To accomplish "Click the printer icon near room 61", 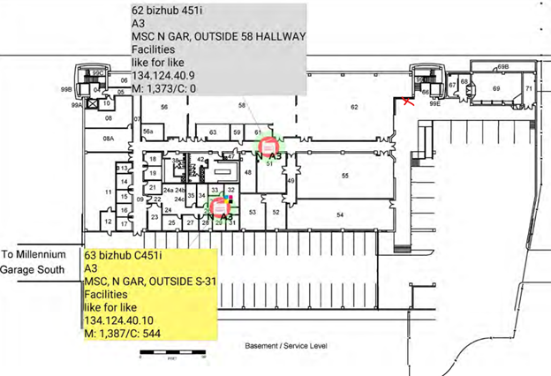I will click(268, 144).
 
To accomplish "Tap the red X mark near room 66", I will click(408, 103).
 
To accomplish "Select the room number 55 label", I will click(345, 176).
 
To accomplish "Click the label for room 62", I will click(354, 107).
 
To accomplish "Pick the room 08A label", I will click(109, 139).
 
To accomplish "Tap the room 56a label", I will click(149, 132).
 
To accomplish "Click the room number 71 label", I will click(528, 89).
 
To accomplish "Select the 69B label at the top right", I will click(502, 67).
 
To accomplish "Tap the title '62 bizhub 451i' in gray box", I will click(175, 10).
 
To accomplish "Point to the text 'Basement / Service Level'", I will click(286, 348).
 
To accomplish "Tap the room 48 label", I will click(248, 172).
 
